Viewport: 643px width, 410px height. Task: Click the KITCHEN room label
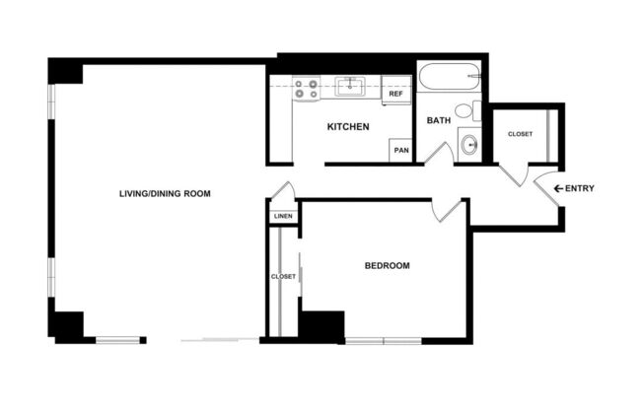[x=348, y=127]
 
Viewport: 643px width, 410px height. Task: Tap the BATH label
[x=439, y=120]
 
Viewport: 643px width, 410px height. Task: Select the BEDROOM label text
[x=387, y=266]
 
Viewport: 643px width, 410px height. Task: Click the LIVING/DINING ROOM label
[x=166, y=193]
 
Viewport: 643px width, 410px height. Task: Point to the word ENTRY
[x=581, y=188]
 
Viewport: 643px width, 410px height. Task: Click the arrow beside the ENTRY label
[x=558, y=188]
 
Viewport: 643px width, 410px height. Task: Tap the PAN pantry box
[x=401, y=150]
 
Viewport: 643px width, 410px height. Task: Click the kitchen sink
[x=350, y=88]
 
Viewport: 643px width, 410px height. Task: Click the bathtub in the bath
[x=449, y=78]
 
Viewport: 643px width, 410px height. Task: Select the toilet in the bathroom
[x=465, y=111]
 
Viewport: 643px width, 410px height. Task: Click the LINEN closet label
[x=283, y=217]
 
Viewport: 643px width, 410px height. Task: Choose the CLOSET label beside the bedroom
[x=283, y=277]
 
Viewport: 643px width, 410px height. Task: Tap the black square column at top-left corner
[x=64, y=72]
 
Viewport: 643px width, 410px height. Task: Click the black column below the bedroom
[x=321, y=326]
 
